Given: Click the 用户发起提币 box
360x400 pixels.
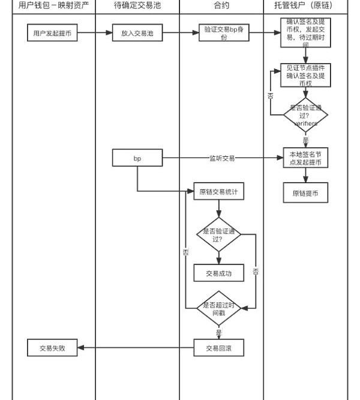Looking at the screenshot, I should (52, 34).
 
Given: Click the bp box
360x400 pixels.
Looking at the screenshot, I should (137, 158).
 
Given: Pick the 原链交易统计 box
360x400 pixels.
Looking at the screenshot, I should (218, 192).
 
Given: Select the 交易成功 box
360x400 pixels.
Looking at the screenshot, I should (218, 273).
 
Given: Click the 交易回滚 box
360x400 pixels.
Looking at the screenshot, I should (218, 347).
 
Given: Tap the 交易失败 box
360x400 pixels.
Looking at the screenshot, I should (53, 347).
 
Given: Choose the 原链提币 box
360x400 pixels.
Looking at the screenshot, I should (305, 193).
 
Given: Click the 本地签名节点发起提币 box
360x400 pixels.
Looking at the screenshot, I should (305, 158).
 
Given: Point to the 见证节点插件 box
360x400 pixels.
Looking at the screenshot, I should (305, 76).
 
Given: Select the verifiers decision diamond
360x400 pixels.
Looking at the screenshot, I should (305, 115).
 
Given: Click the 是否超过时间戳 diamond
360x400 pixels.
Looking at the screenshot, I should (218, 308).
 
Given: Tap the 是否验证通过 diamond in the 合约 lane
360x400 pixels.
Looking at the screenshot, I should (218, 234).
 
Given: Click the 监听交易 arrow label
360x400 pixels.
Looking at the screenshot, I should (222, 158).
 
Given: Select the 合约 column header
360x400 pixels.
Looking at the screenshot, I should (221, 6).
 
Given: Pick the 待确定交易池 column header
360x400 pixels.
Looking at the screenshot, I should (137, 6).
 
